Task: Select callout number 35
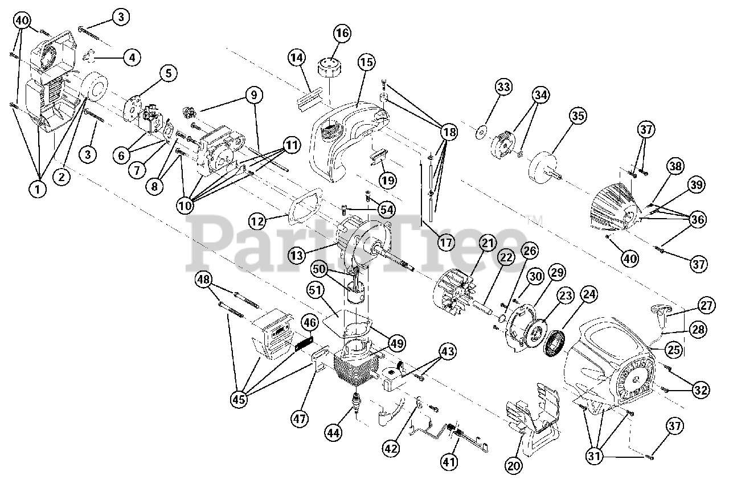[x=578, y=116]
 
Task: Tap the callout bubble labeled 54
[x=387, y=210]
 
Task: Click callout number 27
[x=707, y=306]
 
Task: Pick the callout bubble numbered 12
[x=258, y=220]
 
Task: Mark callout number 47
[x=300, y=419]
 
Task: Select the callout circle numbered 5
[x=168, y=73]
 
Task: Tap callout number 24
[x=589, y=294]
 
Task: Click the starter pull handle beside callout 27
[x=660, y=311]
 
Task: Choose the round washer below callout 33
[x=481, y=133]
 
